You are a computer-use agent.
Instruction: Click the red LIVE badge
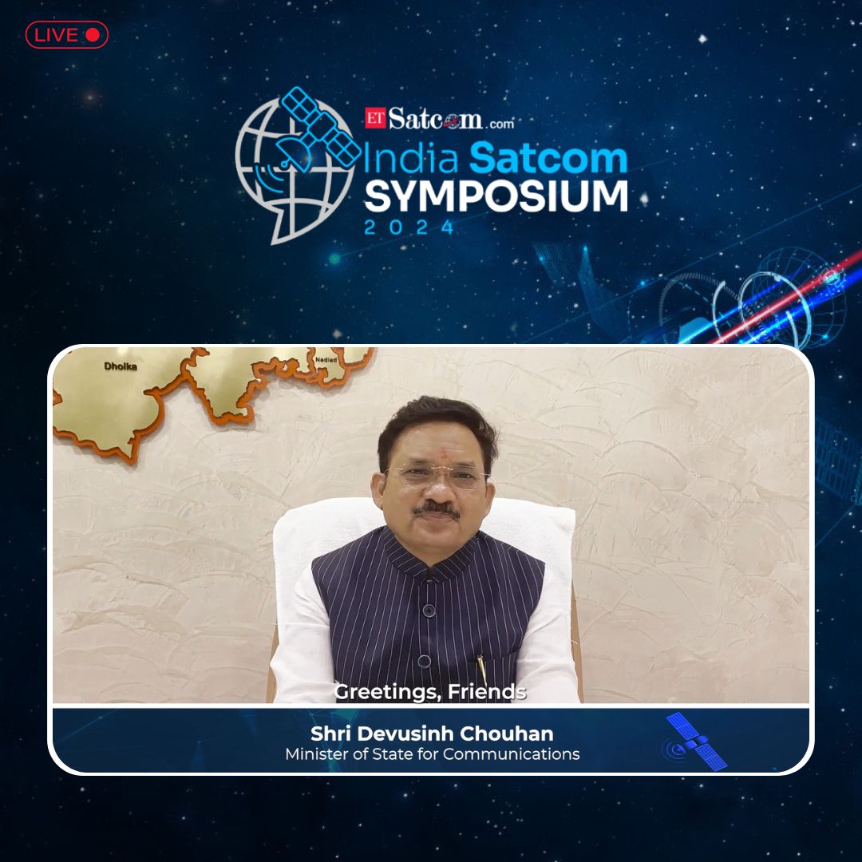click(66, 34)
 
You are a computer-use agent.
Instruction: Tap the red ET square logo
click(374, 118)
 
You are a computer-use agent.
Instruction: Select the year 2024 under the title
click(409, 227)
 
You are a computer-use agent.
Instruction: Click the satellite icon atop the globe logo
click(319, 128)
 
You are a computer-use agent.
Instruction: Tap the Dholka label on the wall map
click(121, 366)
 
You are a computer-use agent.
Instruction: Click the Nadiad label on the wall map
click(327, 361)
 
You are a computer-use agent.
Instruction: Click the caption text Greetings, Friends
click(430, 692)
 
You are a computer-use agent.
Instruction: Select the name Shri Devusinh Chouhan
click(432, 733)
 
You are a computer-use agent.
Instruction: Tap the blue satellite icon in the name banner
click(695, 742)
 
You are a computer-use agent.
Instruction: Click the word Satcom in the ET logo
click(436, 119)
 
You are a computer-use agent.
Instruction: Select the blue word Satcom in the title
click(548, 159)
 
